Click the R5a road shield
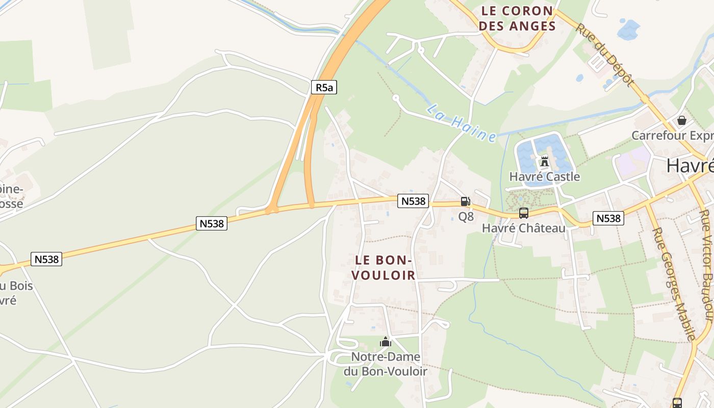coord(324,87)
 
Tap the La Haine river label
coord(462,123)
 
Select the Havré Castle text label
coord(545,176)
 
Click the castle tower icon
coord(545,161)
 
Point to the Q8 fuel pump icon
coord(465,201)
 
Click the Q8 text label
coord(466,216)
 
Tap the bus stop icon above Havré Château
coord(523,213)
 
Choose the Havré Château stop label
coord(524,228)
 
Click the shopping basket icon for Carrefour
coord(681,120)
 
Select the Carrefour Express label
coord(672,135)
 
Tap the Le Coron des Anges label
coord(518,18)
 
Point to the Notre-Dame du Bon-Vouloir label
coord(385,364)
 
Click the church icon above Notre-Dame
coord(385,342)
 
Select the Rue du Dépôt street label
coord(605,54)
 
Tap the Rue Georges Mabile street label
coord(674,284)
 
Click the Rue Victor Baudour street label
coord(706,265)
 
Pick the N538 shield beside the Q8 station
coord(413,201)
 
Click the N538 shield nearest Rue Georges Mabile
coord(608,218)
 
